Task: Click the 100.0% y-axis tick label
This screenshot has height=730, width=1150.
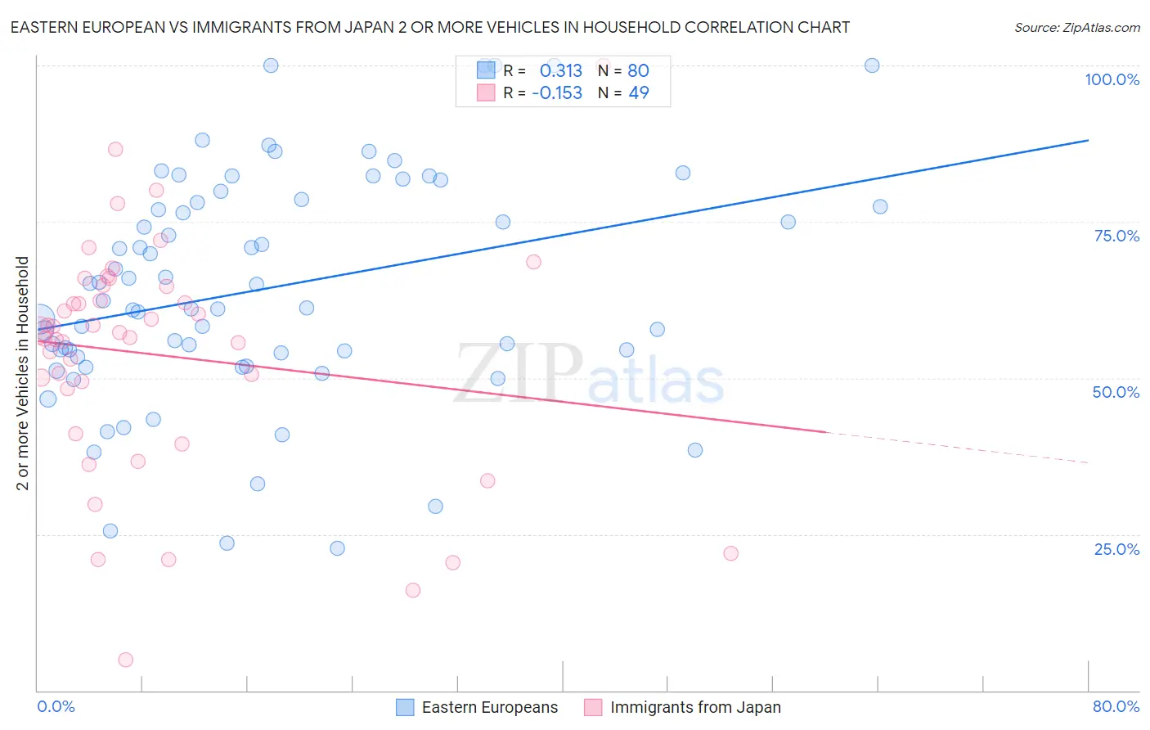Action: pos(1112,79)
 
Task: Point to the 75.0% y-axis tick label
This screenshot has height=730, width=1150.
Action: pos(1116,236)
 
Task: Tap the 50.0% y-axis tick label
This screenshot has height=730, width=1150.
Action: pos(1116,392)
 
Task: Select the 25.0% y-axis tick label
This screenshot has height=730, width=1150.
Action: pos(1116,549)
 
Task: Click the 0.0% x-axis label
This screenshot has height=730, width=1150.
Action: pos(56,706)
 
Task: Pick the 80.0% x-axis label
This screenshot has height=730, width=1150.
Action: pos(1116,706)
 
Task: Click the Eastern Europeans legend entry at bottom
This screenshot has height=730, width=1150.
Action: pos(477,707)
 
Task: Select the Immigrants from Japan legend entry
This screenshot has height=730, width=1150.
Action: pos(683,707)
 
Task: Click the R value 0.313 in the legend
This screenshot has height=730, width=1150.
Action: pos(561,70)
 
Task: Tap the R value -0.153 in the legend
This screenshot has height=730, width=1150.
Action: pos(557,92)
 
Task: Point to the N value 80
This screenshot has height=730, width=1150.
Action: pos(638,70)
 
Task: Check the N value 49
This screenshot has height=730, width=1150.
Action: pos(638,92)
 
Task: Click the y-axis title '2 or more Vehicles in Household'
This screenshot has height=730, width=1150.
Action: pos(23,373)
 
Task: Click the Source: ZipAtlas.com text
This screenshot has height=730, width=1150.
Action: pos(1076,28)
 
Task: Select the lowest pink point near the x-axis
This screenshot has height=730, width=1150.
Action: pos(126,660)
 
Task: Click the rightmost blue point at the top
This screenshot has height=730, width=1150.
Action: pos(872,65)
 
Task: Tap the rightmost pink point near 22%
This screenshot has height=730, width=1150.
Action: pos(730,553)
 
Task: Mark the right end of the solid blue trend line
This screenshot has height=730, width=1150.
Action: pos(1088,141)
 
